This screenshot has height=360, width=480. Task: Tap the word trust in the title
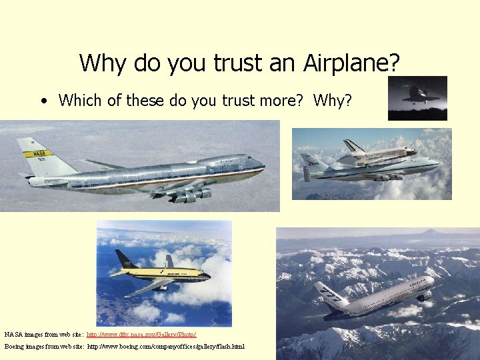click(237, 63)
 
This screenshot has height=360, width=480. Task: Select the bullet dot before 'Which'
click(43, 101)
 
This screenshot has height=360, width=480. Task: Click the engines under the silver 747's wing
click(190, 195)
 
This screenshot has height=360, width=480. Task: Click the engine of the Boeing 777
click(423, 295)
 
